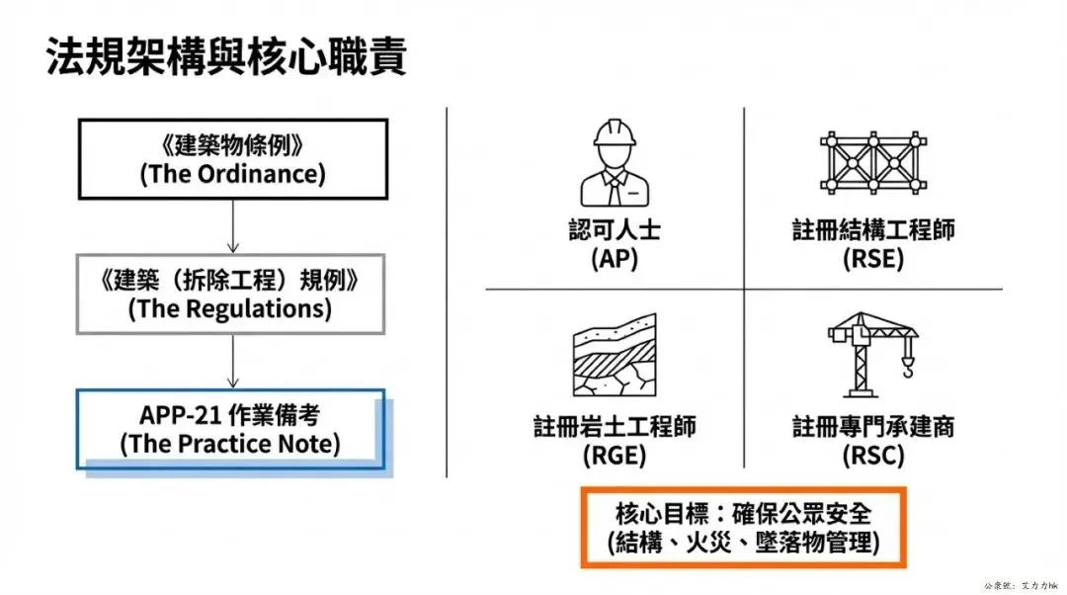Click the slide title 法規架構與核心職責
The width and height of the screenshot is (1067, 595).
click(226, 58)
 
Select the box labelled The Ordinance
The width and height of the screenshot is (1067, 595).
click(232, 158)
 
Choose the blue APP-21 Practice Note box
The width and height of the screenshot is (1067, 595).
click(230, 429)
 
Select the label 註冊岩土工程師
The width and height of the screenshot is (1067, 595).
click(614, 427)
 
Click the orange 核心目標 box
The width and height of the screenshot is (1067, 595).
click(743, 527)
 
